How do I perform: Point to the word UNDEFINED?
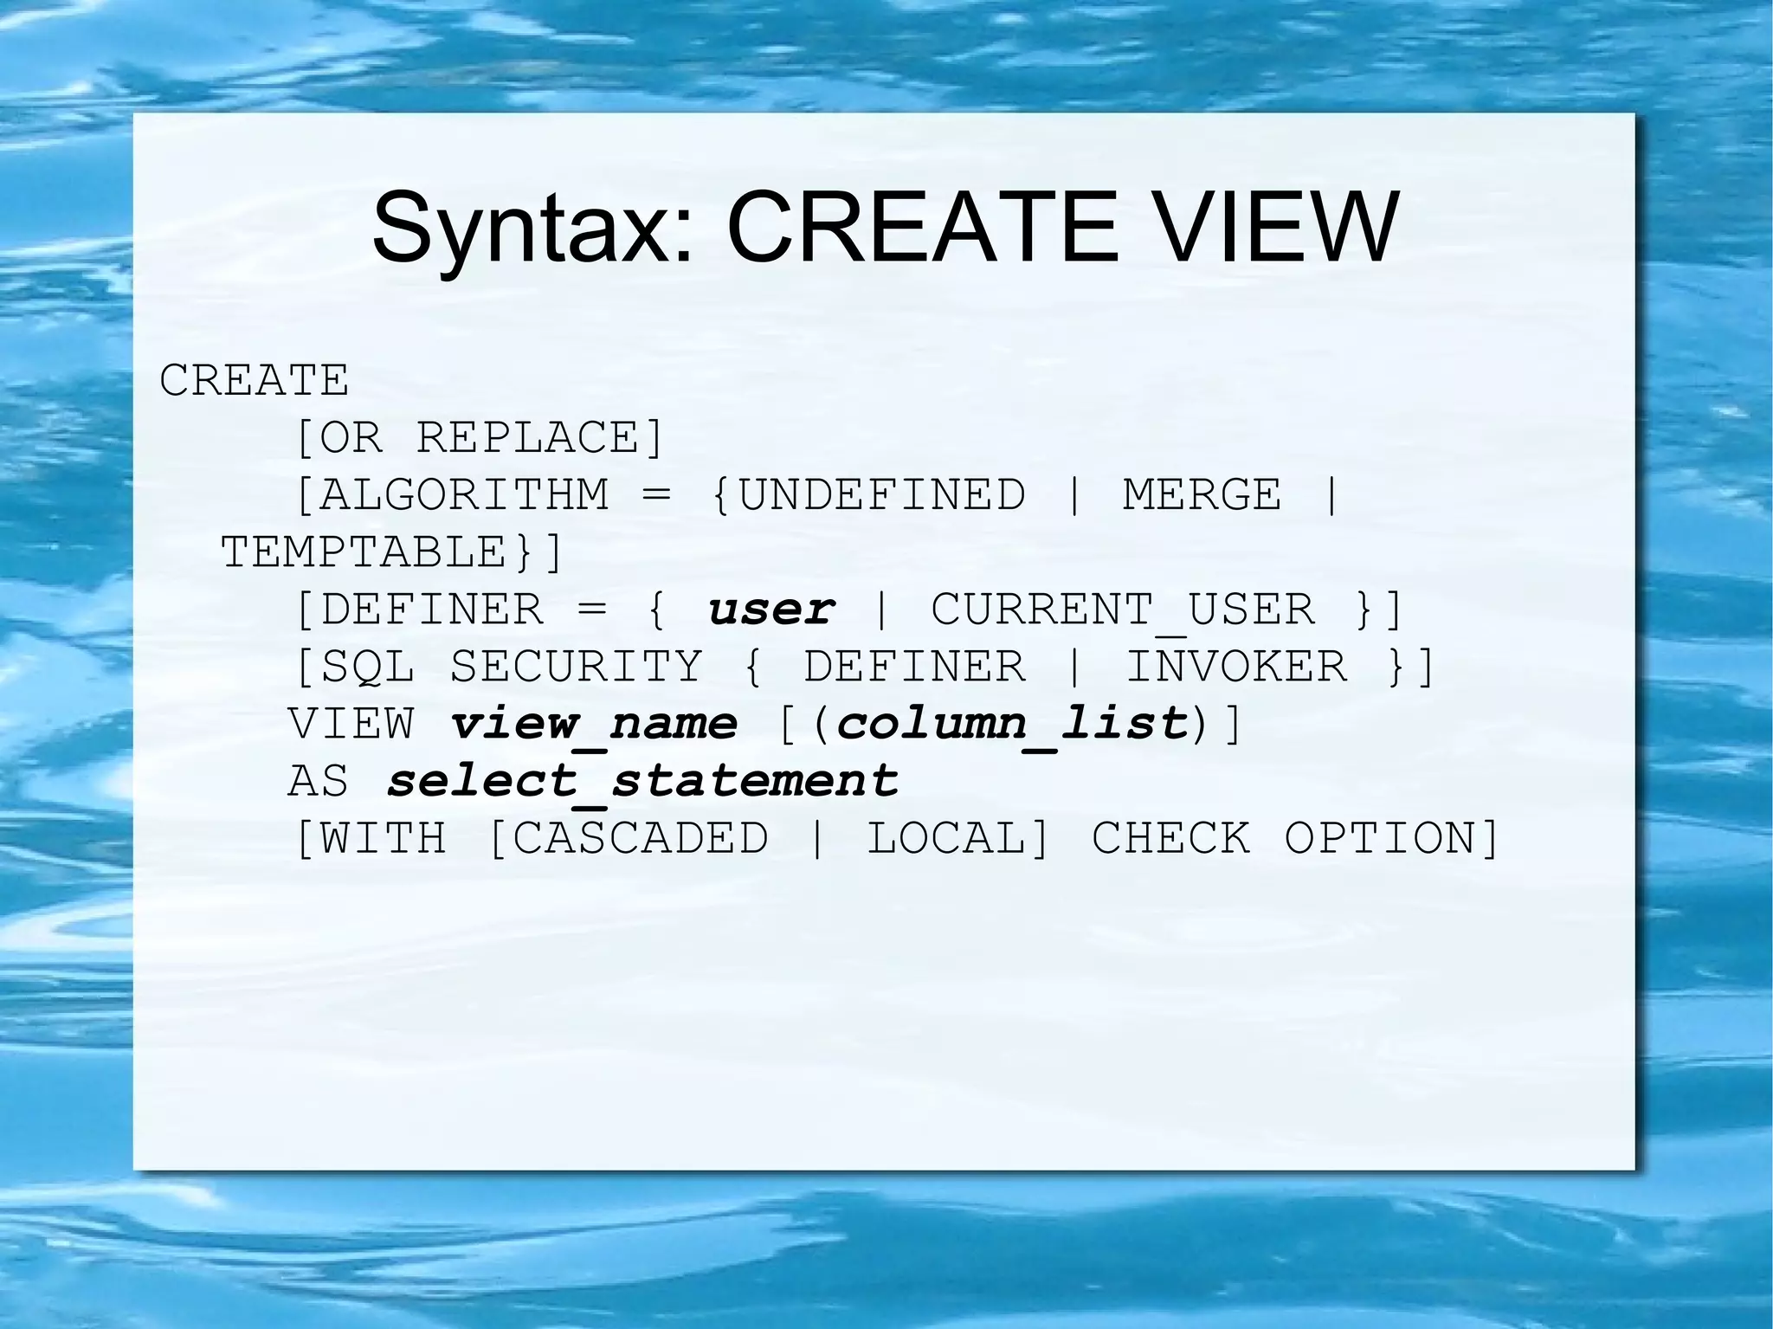[x=882, y=495]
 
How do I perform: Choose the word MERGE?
[x=1202, y=495]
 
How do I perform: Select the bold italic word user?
[x=771, y=610]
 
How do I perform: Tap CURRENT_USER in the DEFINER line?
[x=1123, y=610]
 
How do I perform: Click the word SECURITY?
[x=576, y=667]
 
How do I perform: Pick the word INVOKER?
[x=1236, y=667]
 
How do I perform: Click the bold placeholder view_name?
[x=594, y=724]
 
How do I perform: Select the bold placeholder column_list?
[x=1012, y=724]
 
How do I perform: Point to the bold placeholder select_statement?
[x=642, y=781]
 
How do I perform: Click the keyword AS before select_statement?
[x=319, y=781]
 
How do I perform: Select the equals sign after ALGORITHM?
[x=657, y=496]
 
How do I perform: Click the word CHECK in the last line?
[x=1170, y=838]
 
